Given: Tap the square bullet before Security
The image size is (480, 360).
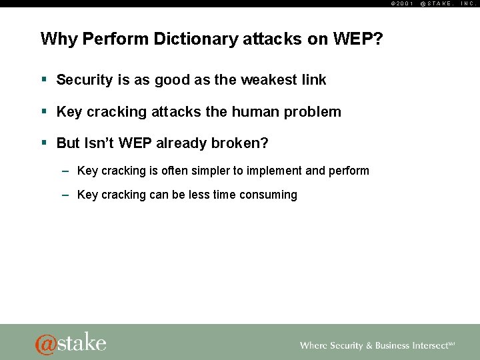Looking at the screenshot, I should pyautogui.click(x=44, y=79).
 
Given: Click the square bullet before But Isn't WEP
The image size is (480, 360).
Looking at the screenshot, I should pyautogui.click(x=44, y=143).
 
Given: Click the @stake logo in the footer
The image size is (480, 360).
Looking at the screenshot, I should pyautogui.click(x=71, y=343).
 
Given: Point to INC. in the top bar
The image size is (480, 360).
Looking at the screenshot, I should pyautogui.click(x=468, y=3).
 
